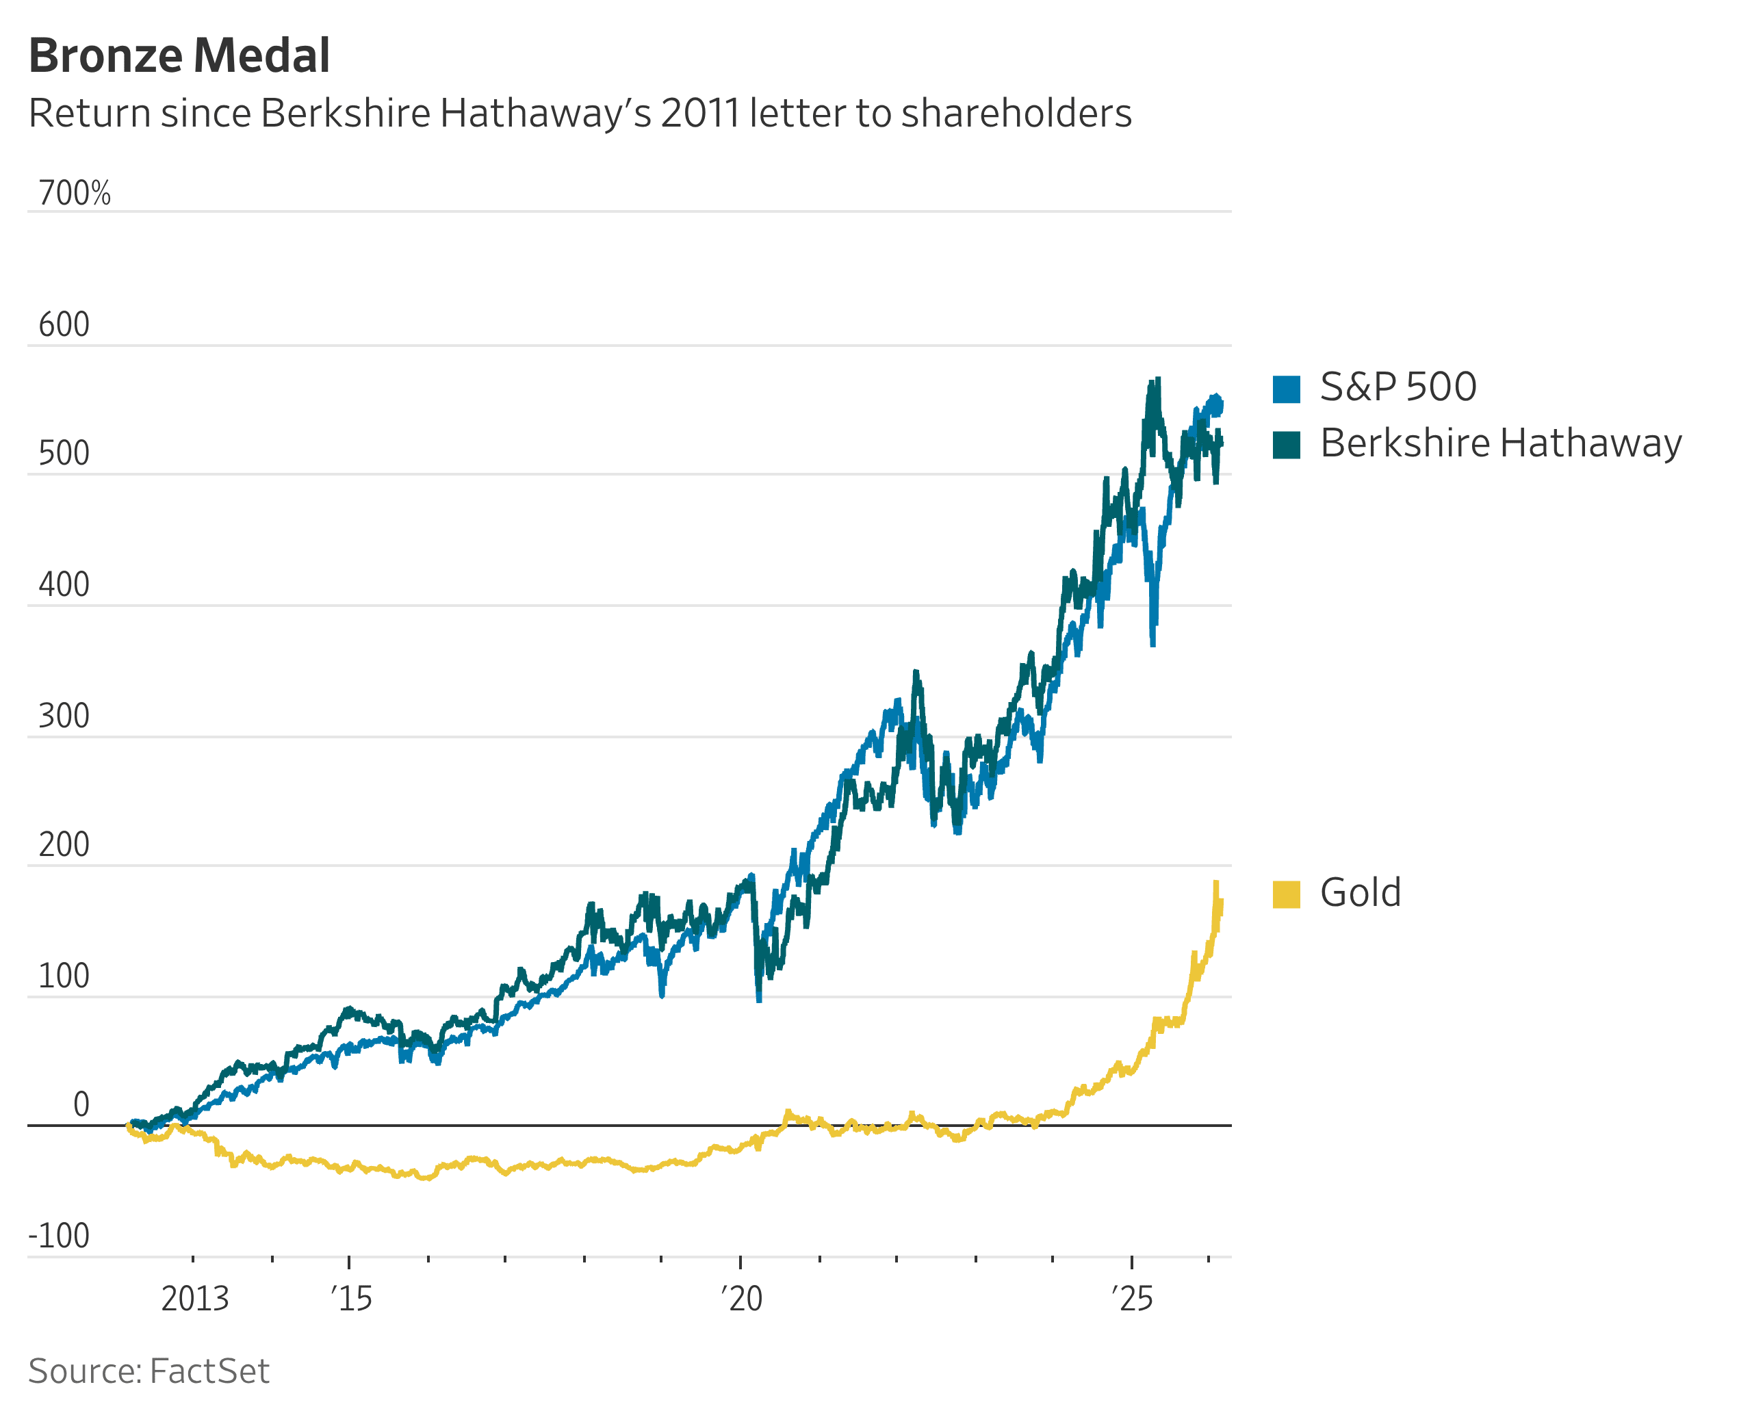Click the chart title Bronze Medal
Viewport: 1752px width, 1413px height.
[179, 55]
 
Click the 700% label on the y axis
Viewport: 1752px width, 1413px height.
[74, 194]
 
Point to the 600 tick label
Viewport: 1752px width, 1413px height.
[64, 325]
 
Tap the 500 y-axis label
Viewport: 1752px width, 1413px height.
[64, 454]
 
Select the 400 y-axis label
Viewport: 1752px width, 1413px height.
[64, 585]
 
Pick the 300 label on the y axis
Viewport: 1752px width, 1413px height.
[64, 716]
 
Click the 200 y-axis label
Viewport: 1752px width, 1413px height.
[64, 845]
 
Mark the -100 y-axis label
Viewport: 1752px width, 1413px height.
[59, 1236]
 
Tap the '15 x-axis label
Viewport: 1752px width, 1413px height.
[351, 1299]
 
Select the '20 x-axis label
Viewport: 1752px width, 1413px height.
[742, 1299]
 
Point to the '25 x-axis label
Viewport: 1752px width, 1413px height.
[1133, 1299]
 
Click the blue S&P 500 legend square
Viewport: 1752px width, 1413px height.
[1287, 389]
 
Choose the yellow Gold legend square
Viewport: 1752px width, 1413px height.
[1287, 894]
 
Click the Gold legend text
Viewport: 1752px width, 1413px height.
[1361, 893]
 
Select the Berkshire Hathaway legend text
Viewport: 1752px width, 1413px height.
[1500, 443]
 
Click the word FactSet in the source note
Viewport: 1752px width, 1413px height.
[209, 1371]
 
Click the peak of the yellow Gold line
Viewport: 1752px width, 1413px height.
[1216, 883]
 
